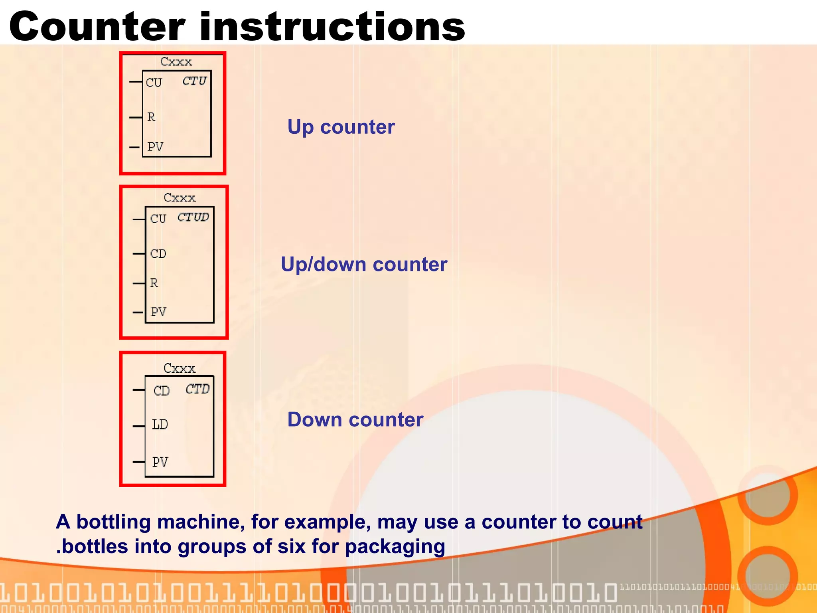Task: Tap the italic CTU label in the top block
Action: (x=194, y=81)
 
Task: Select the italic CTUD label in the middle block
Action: (x=193, y=217)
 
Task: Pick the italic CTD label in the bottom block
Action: (x=197, y=389)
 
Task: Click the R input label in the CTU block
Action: (x=151, y=117)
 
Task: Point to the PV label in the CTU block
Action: (x=155, y=147)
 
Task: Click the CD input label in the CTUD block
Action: (x=158, y=254)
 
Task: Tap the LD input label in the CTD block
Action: (x=160, y=425)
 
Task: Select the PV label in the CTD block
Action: (x=160, y=462)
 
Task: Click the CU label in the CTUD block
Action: (x=158, y=219)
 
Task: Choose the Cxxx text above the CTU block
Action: (x=176, y=61)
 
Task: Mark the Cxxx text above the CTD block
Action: (x=180, y=368)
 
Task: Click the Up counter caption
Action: (x=341, y=127)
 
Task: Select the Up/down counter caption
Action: (x=364, y=265)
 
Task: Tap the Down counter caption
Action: (x=355, y=420)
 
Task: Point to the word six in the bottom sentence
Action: (x=292, y=546)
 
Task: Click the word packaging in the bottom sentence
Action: (x=395, y=547)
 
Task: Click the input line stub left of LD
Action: (x=138, y=426)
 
